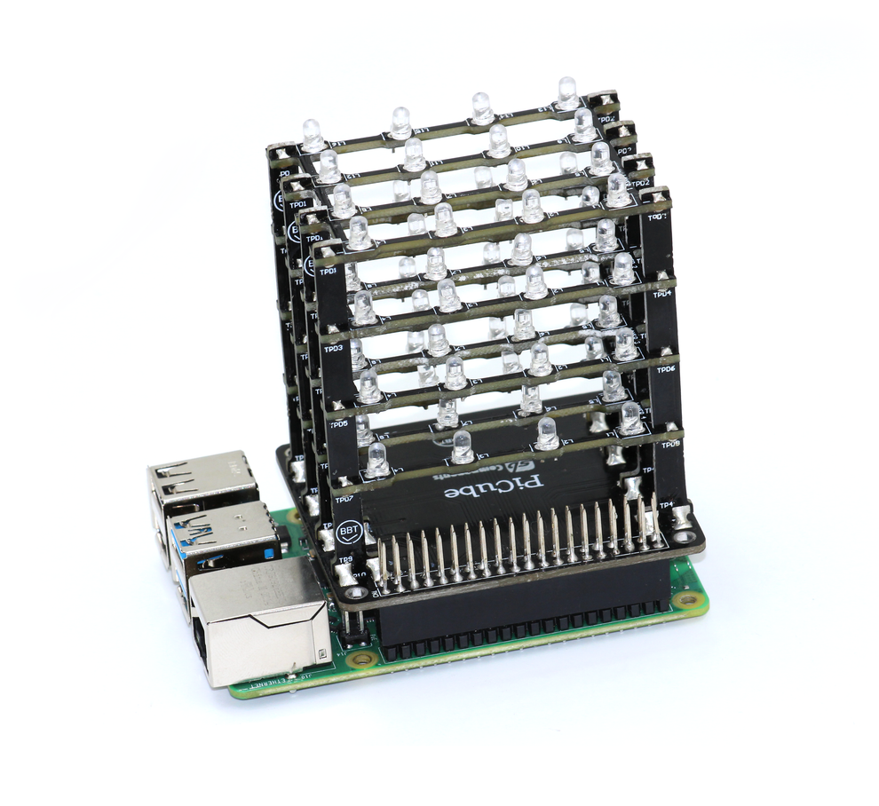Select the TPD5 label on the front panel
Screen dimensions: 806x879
pyautogui.click(x=338, y=424)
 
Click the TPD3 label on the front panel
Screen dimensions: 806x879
pyautogui.click(x=333, y=350)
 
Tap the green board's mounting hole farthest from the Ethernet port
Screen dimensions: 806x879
pyautogui.click(x=685, y=600)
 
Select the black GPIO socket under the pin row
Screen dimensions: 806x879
pyautogui.click(x=524, y=612)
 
